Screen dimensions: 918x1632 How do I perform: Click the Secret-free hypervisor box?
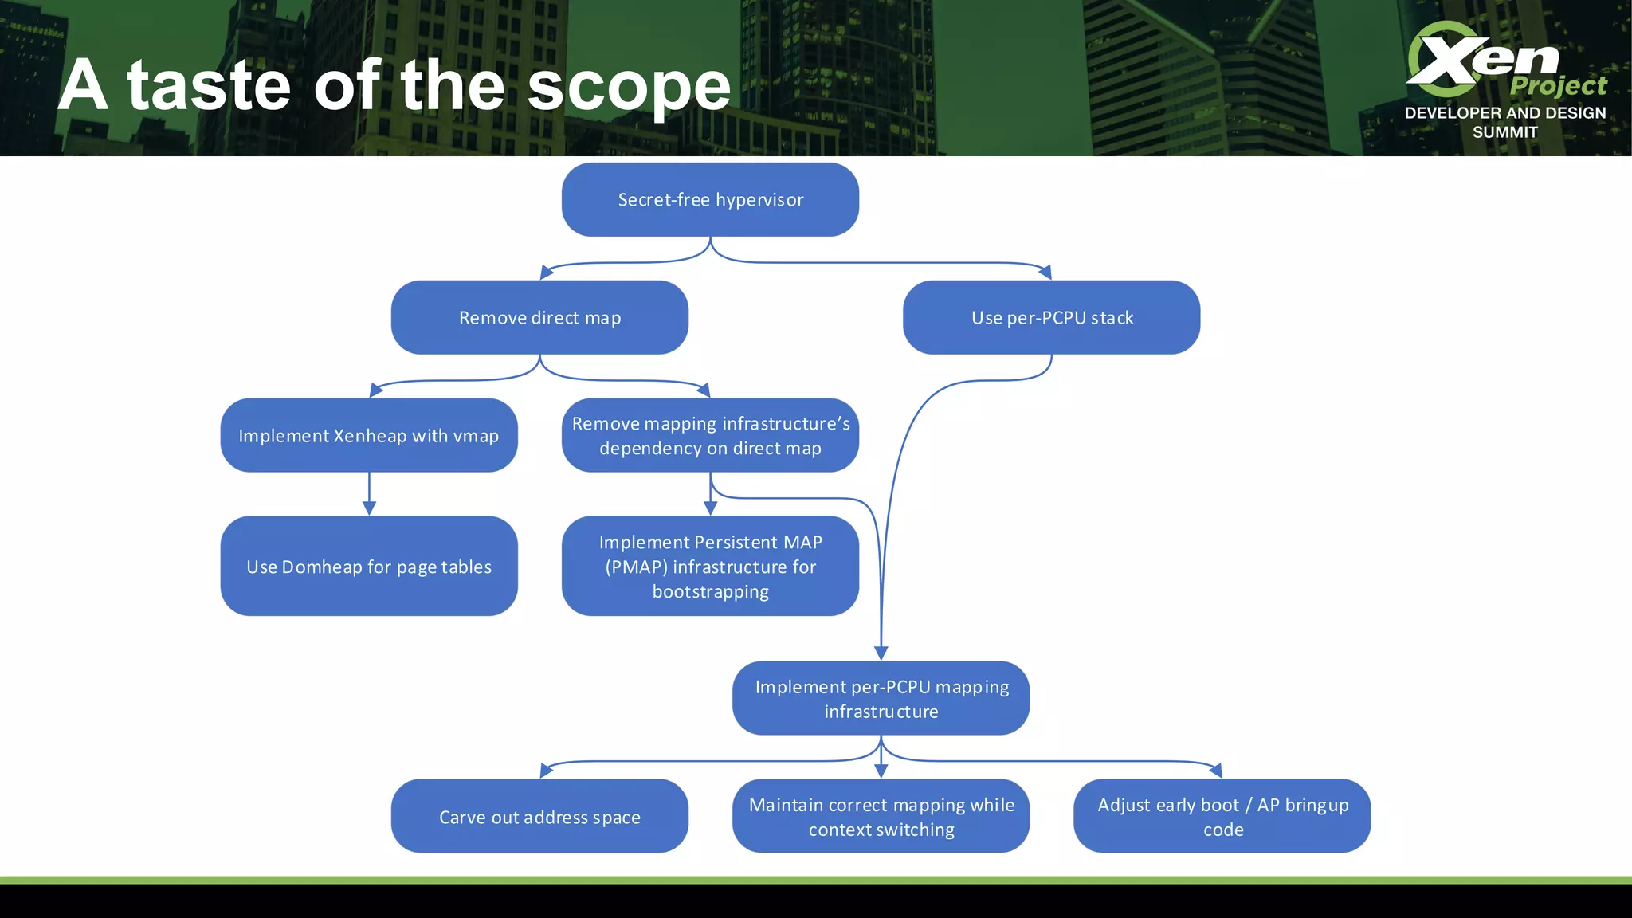710,199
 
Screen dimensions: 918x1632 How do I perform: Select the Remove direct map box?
539,317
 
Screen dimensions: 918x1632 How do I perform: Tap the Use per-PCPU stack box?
1051,317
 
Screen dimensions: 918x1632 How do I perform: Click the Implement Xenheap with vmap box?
369,435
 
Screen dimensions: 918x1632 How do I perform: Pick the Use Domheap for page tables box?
369,566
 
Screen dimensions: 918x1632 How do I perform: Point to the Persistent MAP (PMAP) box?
710,566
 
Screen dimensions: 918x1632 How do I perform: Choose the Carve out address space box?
539,816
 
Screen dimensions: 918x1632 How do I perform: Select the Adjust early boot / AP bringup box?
1222,816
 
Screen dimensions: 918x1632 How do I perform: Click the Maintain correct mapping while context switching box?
881,816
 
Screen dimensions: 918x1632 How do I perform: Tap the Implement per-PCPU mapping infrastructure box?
881,698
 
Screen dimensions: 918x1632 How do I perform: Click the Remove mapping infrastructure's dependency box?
710,435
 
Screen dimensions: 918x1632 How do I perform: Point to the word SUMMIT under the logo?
1504,132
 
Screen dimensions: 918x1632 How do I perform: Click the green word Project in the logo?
1558,85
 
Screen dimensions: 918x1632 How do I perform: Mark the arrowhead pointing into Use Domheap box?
369,508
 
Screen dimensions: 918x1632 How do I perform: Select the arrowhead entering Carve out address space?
546,771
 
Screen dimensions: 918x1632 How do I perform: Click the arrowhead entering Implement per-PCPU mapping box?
881,653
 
